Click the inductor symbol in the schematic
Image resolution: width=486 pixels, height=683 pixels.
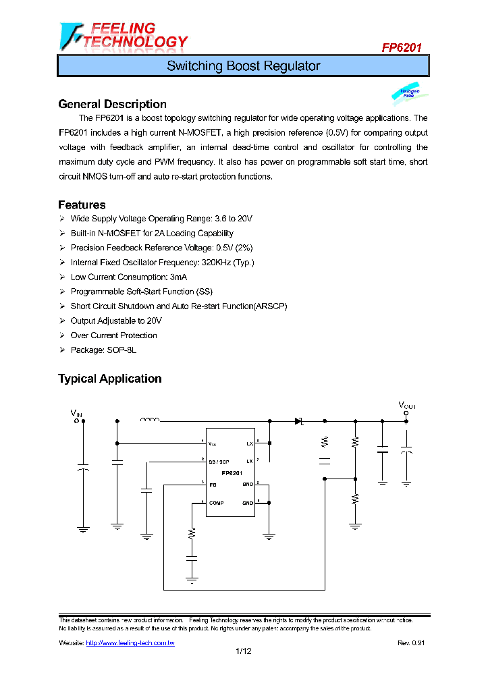(149, 420)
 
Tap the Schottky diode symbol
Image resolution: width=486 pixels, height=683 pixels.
(298, 421)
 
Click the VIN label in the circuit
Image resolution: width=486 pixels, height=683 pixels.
(76, 412)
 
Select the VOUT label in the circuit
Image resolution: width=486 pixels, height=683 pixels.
(407, 405)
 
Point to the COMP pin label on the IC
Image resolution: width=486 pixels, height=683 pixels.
(217, 503)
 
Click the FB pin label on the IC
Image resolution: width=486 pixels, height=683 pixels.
(212, 484)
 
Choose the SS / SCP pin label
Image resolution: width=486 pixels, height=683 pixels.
(219, 461)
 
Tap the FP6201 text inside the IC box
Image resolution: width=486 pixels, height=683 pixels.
(232, 473)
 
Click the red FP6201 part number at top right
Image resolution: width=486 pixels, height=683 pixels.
(402, 48)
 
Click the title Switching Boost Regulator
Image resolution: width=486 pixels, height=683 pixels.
(243, 66)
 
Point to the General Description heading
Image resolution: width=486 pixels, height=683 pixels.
(112, 104)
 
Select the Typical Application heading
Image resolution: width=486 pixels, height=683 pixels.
(109, 379)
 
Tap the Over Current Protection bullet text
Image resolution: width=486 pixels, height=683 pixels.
(113, 335)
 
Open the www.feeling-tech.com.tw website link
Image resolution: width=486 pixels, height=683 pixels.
(130, 643)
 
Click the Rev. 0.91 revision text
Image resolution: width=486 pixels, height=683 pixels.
(411, 643)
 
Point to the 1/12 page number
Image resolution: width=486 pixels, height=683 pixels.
(243, 651)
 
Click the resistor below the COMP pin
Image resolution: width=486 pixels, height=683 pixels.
(192, 532)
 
